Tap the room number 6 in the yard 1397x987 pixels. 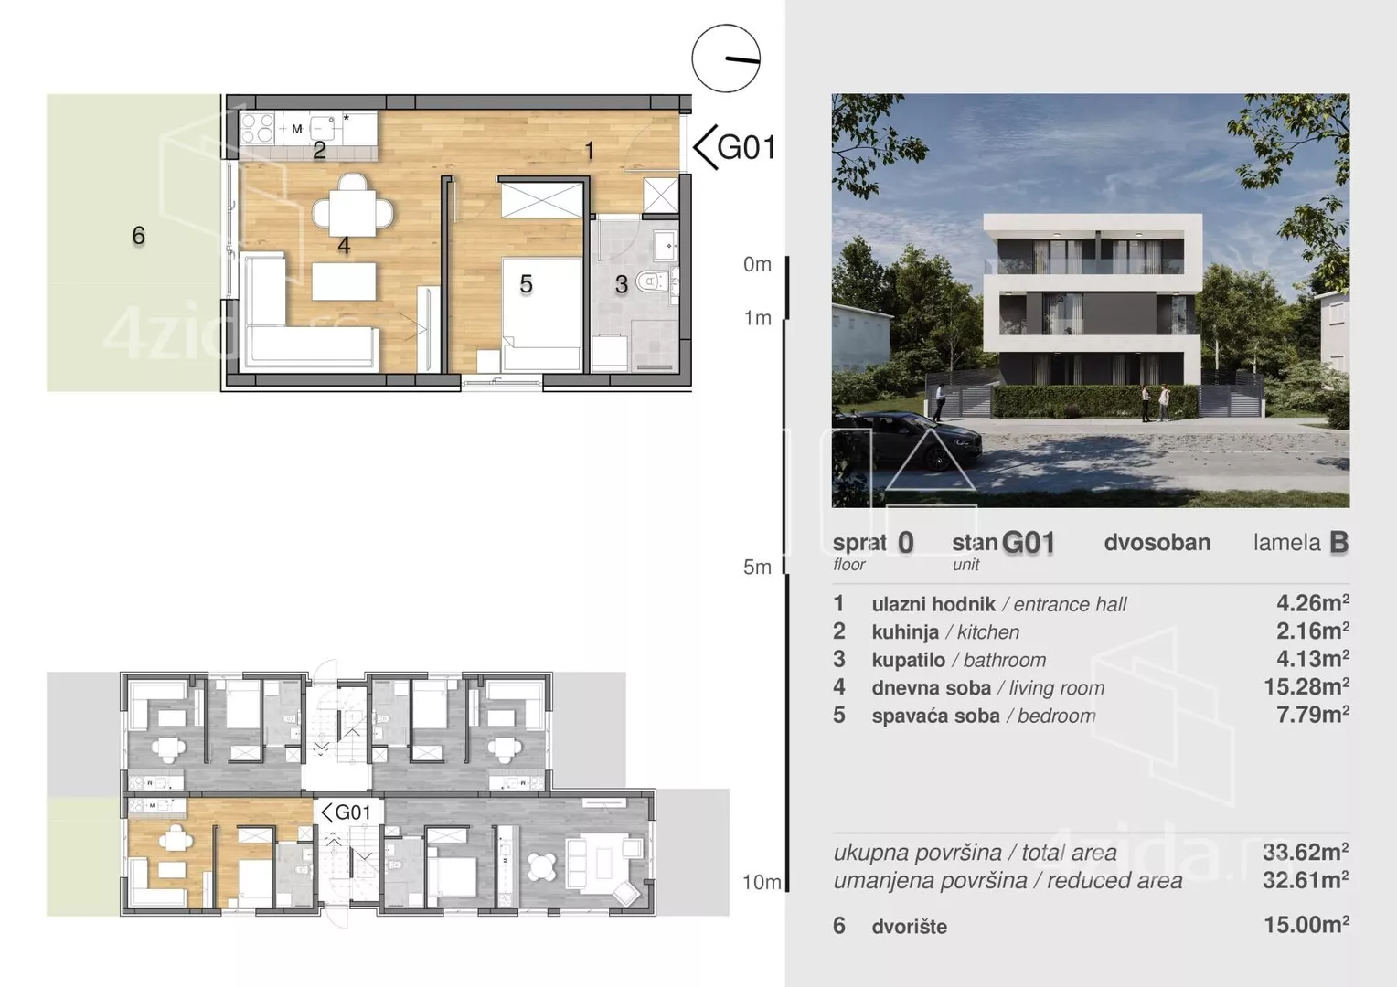click(x=138, y=236)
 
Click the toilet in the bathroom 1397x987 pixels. click(x=650, y=281)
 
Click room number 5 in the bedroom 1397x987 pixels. click(x=527, y=284)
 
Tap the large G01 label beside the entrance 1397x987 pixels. click(x=746, y=148)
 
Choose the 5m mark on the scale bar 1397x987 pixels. click(x=757, y=567)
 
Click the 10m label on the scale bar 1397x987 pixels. click(x=762, y=882)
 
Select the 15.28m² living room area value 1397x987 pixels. click(x=1306, y=686)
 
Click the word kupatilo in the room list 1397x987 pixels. click(x=909, y=660)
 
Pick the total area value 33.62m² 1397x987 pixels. click(x=1306, y=852)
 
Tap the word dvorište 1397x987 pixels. click(x=910, y=927)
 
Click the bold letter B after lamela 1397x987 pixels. click(x=1338, y=543)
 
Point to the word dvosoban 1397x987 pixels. click(x=1157, y=543)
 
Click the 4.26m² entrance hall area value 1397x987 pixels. click(x=1313, y=603)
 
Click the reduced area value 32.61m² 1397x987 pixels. click(x=1306, y=880)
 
